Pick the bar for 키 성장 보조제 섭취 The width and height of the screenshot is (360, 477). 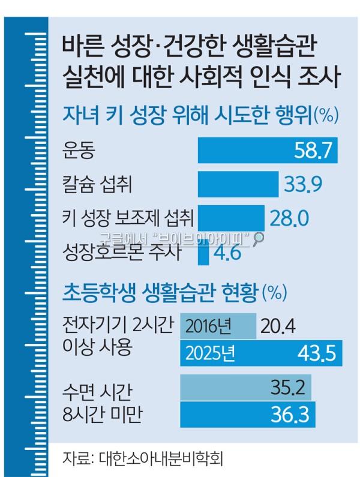point(231,217)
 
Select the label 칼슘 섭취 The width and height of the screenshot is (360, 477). point(96,184)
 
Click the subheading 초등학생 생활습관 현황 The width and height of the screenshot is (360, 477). point(160,292)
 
